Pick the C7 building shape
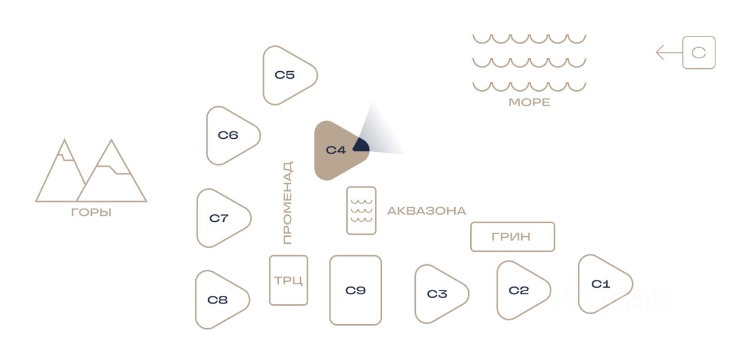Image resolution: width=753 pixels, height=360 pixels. click(x=219, y=218)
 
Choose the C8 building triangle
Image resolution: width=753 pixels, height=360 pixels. click(x=218, y=300)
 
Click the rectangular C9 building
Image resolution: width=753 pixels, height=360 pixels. click(x=355, y=290)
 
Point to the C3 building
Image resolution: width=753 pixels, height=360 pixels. click(x=437, y=294)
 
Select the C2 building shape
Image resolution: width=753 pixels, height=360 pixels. click(x=519, y=291)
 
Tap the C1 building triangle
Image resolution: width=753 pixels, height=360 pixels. click(x=601, y=284)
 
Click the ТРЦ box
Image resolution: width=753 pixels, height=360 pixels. click(x=288, y=280)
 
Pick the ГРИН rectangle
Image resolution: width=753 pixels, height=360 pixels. click(x=512, y=236)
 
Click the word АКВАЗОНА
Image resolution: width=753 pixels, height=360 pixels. click(x=427, y=211)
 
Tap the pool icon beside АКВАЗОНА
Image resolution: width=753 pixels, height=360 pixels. click(x=361, y=211)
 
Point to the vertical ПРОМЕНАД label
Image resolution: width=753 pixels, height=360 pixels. click(x=287, y=203)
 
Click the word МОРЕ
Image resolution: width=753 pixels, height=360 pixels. click(x=529, y=102)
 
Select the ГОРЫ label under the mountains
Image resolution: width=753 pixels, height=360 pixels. click(x=91, y=213)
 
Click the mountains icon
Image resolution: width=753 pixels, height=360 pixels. click(x=91, y=172)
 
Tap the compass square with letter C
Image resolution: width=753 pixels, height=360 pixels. click(x=699, y=53)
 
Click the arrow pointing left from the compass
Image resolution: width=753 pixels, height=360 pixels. click(x=669, y=53)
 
